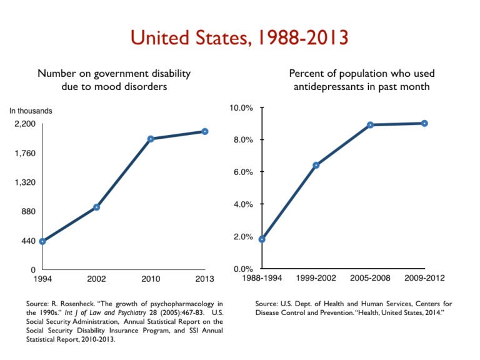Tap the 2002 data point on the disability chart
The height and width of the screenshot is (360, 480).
[97, 207]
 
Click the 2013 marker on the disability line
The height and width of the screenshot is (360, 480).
[205, 131]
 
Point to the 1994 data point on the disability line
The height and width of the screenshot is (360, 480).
[42, 241]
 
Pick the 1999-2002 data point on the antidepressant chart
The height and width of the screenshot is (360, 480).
[316, 165]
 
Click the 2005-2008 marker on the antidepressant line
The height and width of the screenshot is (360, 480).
[371, 125]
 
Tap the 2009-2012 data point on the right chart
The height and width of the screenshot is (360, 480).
[424, 123]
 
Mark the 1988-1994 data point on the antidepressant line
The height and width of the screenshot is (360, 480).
[262, 239]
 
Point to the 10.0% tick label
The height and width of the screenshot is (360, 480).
[240, 107]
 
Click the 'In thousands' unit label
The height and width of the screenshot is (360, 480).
[31, 111]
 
